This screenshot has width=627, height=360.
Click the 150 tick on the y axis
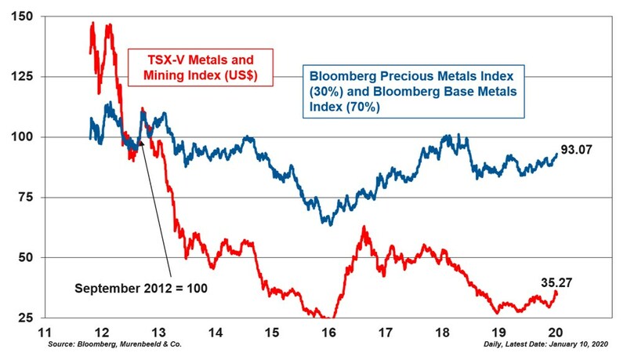23,16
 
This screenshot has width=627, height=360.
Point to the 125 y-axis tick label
23,77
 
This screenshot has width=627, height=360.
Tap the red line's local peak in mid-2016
364,227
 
